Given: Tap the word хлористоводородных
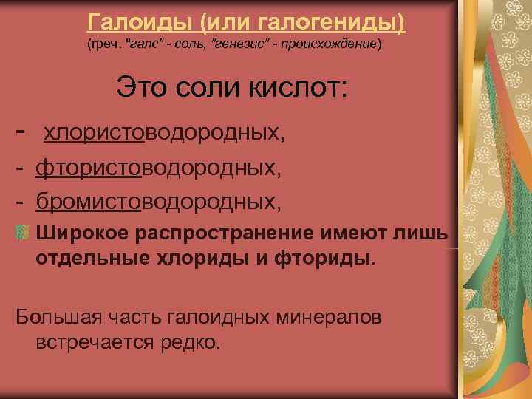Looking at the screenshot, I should coord(163,134).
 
